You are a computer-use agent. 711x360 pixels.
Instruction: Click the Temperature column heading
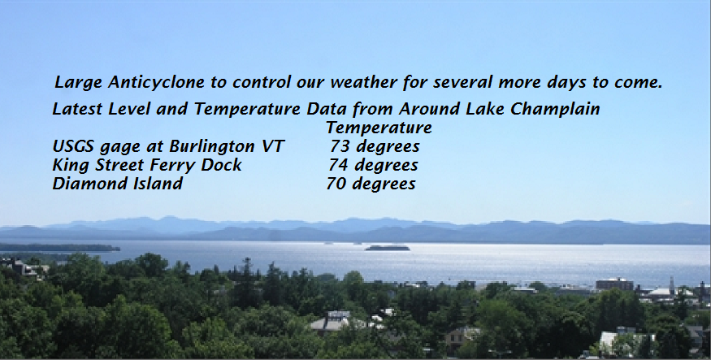pos(379,128)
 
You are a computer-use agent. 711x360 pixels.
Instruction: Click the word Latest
pos(77,109)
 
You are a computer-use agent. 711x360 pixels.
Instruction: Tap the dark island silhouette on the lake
pos(388,248)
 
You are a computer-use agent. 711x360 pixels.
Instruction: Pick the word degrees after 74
pos(386,166)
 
